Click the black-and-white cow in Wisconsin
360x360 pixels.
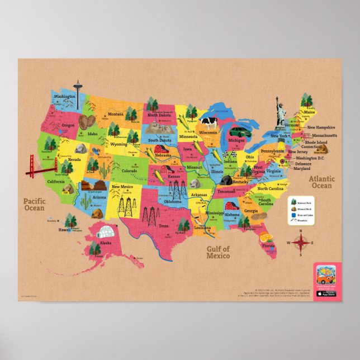[x=209, y=122]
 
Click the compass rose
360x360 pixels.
[x=300, y=241]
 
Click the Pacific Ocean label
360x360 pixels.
[x=34, y=204]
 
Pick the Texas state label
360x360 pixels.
[x=164, y=226]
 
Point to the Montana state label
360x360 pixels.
[x=116, y=114]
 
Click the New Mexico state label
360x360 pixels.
[x=122, y=187]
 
